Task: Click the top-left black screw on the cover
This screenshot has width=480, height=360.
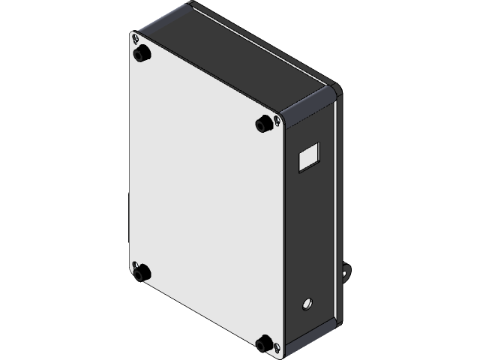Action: [139, 55]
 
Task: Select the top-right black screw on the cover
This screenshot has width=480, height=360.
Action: [263, 123]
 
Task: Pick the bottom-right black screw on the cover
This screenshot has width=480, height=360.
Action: [264, 343]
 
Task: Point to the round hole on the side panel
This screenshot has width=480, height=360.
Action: [307, 304]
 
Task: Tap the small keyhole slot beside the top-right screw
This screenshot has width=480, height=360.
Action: [278, 121]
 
